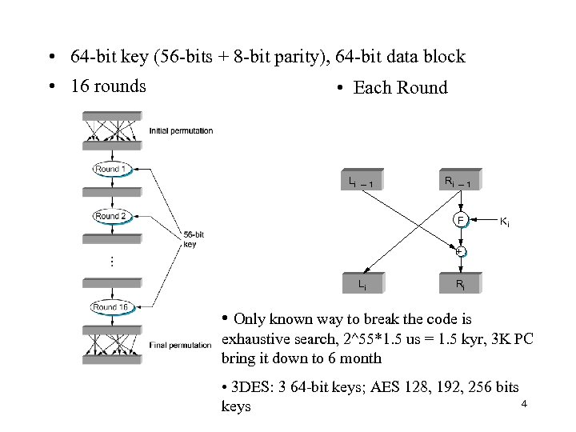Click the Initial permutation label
pyautogui.click(x=181, y=130)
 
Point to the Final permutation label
pyautogui.click(x=181, y=345)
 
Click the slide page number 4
pyautogui.click(x=523, y=404)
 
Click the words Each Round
pyautogui.click(x=400, y=88)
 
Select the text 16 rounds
pyautogui.click(x=108, y=86)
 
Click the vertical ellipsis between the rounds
pyautogui.click(x=111, y=260)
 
